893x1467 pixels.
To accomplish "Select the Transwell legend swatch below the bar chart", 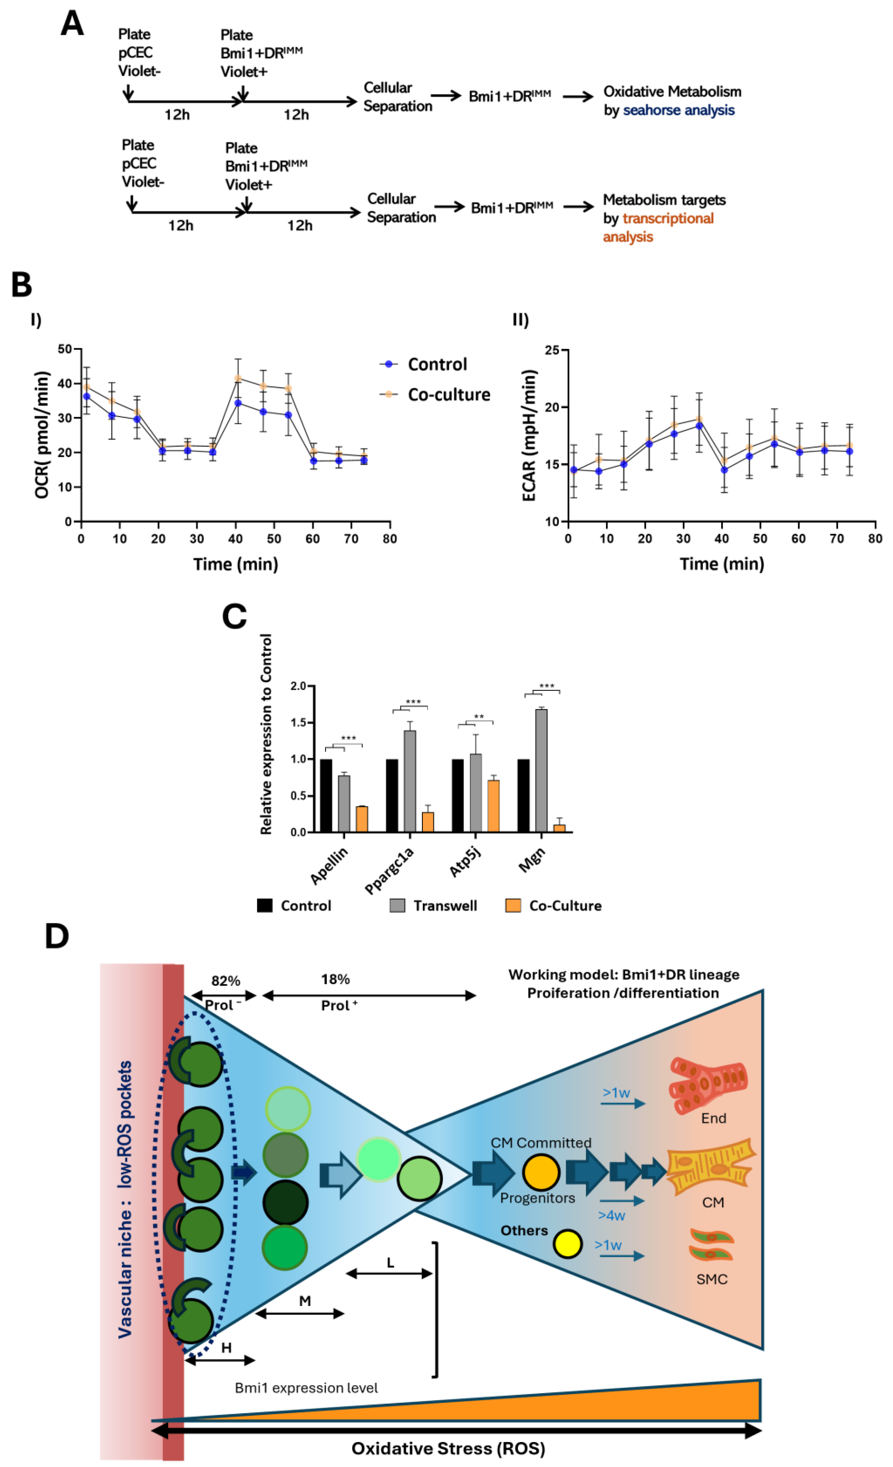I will (x=397, y=906).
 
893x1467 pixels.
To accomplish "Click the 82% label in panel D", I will (x=226, y=981).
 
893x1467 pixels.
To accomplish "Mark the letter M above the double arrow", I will (x=305, y=1301).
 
